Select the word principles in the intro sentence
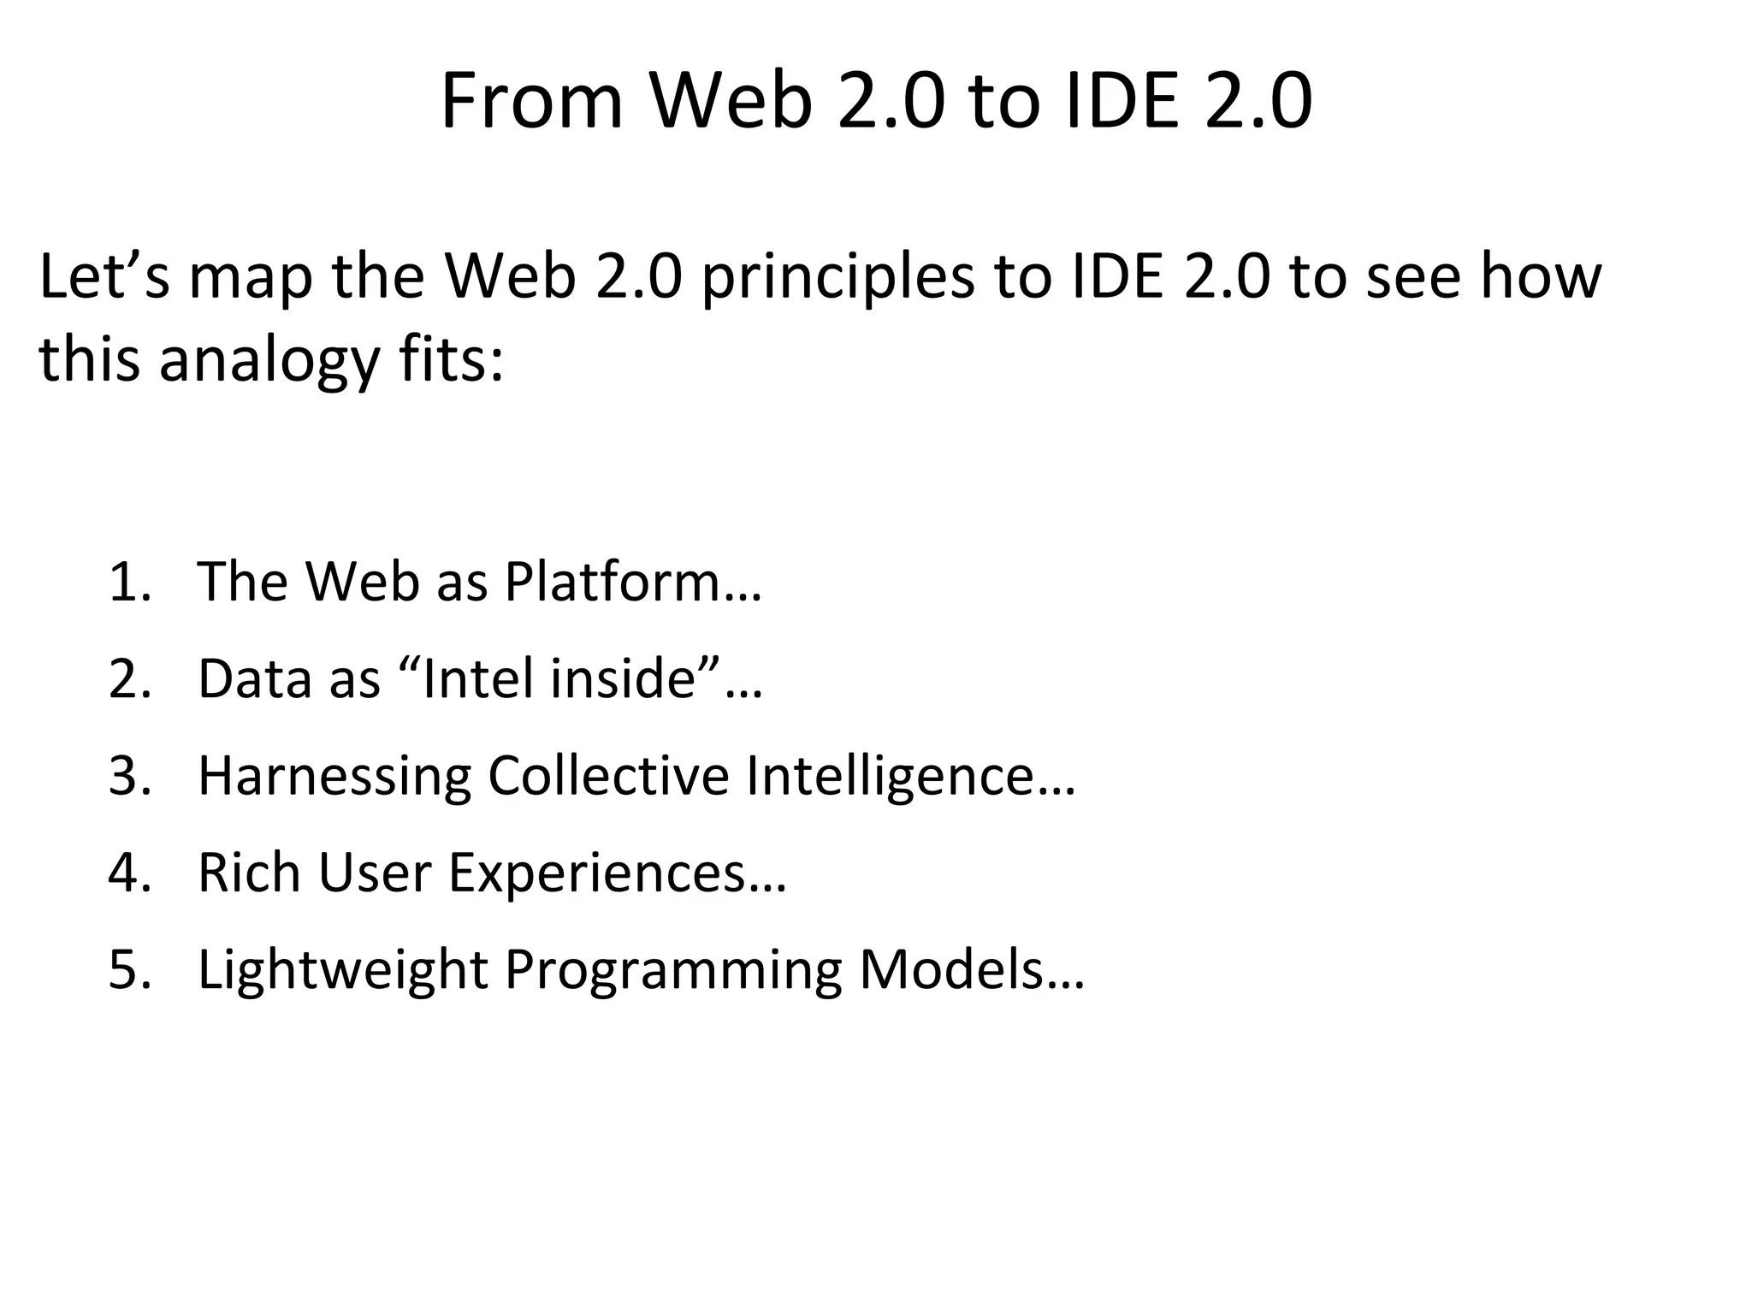click(x=838, y=278)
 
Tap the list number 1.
click(x=129, y=582)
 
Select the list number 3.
click(x=129, y=776)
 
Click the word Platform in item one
click(x=613, y=582)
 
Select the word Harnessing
click(x=334, y=777)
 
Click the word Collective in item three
click(x=608, y=776)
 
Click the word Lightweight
click(x=342, y=971)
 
